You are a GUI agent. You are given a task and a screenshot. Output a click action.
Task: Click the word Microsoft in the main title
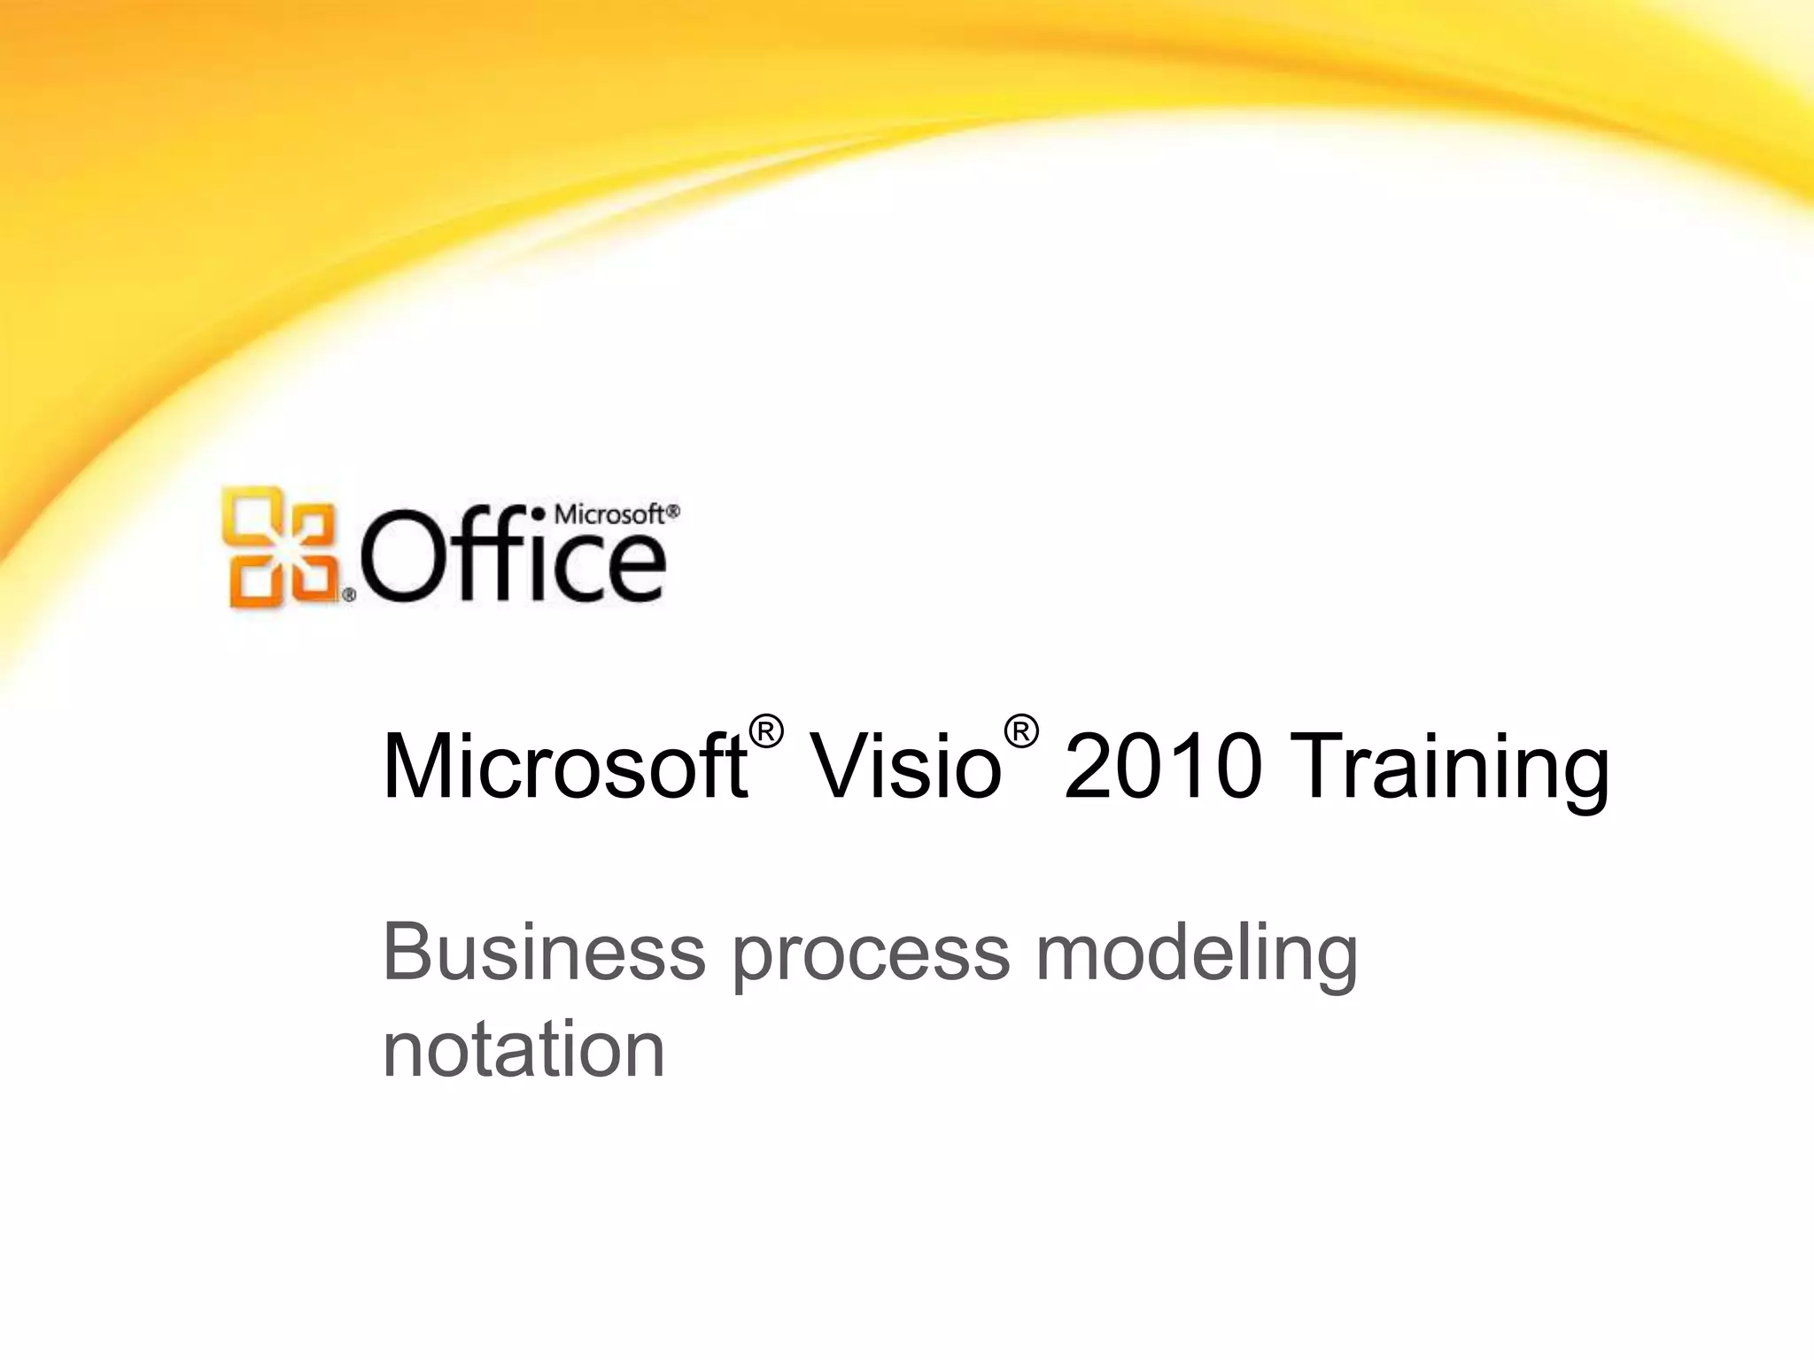coord(564,767)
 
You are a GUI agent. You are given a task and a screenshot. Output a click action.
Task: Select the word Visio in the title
coord(905,767)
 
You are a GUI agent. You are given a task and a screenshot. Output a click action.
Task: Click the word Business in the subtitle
coord(543,954)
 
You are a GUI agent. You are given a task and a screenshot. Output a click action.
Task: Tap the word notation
coord(523,1051)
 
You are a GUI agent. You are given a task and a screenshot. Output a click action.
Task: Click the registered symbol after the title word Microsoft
coord(766,732)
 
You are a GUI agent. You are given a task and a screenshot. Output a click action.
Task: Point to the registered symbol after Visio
coord(1020,732)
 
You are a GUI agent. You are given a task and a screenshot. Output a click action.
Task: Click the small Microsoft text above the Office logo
coord(609,514)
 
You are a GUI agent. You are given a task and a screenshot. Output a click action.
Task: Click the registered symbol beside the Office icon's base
coord(349,596)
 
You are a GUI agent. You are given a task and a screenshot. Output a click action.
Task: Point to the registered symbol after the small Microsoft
coord(673,512)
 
